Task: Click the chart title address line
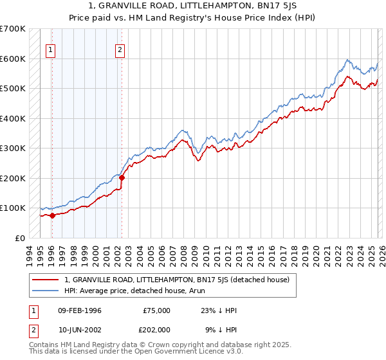193,7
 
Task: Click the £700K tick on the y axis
13,29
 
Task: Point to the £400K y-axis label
13,118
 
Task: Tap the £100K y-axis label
13,208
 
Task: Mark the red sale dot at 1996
52,215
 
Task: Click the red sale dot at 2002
122,177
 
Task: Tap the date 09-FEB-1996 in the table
80,310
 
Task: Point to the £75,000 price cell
156,310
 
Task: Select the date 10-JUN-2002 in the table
80,329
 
